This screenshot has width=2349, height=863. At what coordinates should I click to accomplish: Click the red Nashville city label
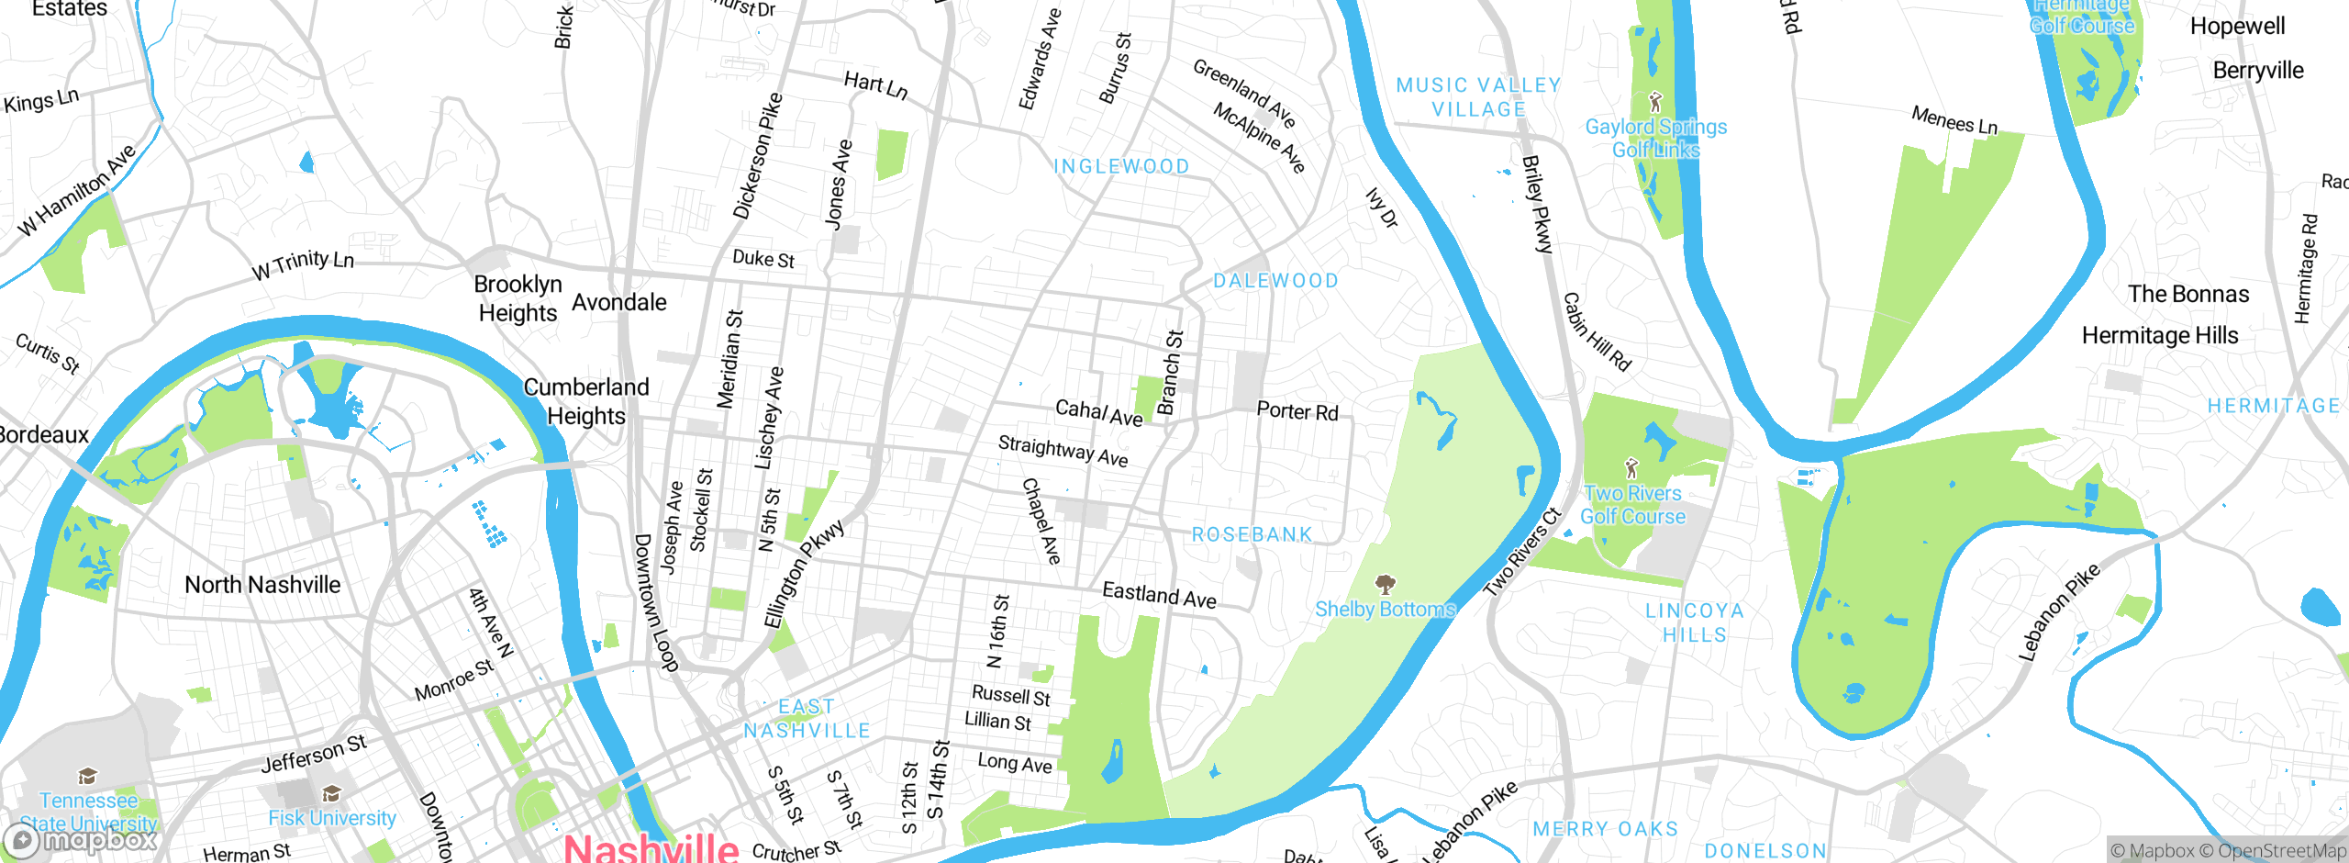(651, 846)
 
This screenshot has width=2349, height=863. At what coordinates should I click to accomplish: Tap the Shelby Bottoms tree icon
(1386, 584)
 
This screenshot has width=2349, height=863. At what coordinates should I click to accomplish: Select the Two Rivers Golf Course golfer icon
(1631, 468)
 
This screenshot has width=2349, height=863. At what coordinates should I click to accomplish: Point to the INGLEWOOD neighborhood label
(1121, 166)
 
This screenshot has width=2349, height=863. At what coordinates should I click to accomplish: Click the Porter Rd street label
(1297, 411)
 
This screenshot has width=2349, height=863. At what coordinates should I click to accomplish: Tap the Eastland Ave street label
(1159, 595)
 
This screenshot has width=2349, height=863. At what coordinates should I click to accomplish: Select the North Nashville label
(262, 585)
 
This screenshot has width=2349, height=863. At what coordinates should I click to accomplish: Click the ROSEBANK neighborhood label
(1252, 534)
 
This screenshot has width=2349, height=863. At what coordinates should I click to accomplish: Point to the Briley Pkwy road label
(1538, 204)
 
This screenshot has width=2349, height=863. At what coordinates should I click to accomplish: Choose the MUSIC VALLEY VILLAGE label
(1479, 97)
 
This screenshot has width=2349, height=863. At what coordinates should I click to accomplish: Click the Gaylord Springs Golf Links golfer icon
(1656, 101)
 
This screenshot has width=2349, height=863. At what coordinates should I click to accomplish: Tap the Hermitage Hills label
(2160, 336)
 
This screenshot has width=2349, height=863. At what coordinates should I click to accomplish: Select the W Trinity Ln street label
(303, 264)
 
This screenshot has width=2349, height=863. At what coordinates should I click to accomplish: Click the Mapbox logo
(81, 840)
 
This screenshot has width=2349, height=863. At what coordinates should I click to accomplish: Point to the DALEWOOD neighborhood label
(1275, 281)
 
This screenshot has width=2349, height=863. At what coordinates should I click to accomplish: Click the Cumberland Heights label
(585, 401)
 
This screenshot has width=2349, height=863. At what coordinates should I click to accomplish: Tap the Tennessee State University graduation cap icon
(87, 777)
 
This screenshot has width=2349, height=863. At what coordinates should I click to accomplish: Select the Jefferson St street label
(314, 754)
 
